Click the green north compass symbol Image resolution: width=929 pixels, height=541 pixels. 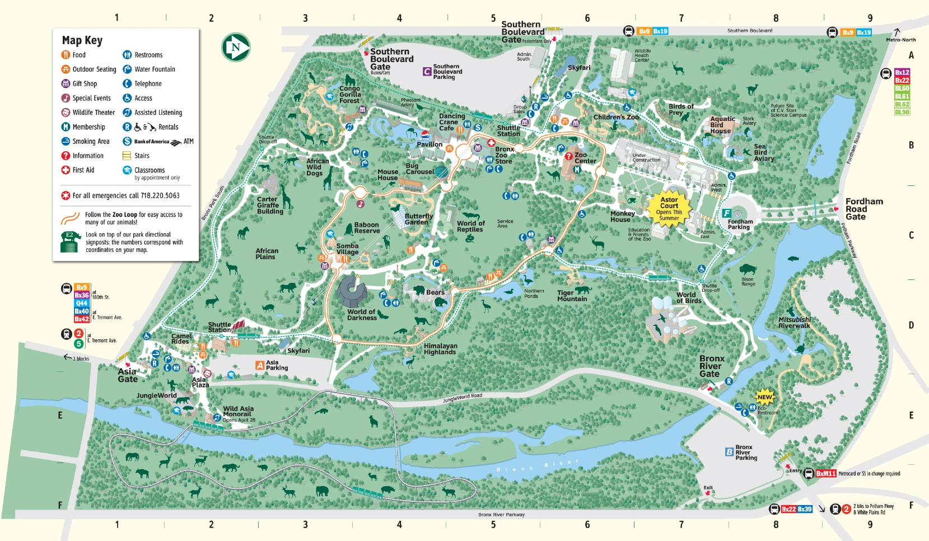(x=235, y=48)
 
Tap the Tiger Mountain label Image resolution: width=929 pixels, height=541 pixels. (x=572, y=296)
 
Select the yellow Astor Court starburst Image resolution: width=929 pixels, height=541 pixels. (x=669, y=208)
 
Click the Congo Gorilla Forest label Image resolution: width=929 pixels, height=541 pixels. (x=349, y=95)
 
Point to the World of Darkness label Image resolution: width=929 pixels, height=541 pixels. (x=362, y=315)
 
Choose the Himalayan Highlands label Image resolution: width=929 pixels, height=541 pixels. (x=440, y=349)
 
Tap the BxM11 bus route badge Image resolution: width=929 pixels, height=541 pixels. (x=825, y=473)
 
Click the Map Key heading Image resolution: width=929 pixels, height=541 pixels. (x=82, y=40)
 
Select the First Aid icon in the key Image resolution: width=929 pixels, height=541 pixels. (x=66, y=170)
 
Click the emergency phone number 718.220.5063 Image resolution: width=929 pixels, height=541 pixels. (x=160, y=195)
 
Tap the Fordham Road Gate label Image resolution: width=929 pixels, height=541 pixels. (x=863, y=209)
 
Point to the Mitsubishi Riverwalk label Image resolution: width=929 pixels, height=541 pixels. (x=794, y=323)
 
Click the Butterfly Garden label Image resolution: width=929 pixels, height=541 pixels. (x=418, y=219)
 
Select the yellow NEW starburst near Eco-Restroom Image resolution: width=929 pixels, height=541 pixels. (x=764, y=397)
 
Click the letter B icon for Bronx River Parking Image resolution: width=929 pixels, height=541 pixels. (x=729, y=451)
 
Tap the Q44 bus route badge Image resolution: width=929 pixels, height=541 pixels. (x=82, y=303)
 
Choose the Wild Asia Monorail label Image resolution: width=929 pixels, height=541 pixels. (x=238, y=412)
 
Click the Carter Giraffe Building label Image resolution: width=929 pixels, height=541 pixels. (x=269, y=205)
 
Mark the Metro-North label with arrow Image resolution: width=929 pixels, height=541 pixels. (x=900, y=37)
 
